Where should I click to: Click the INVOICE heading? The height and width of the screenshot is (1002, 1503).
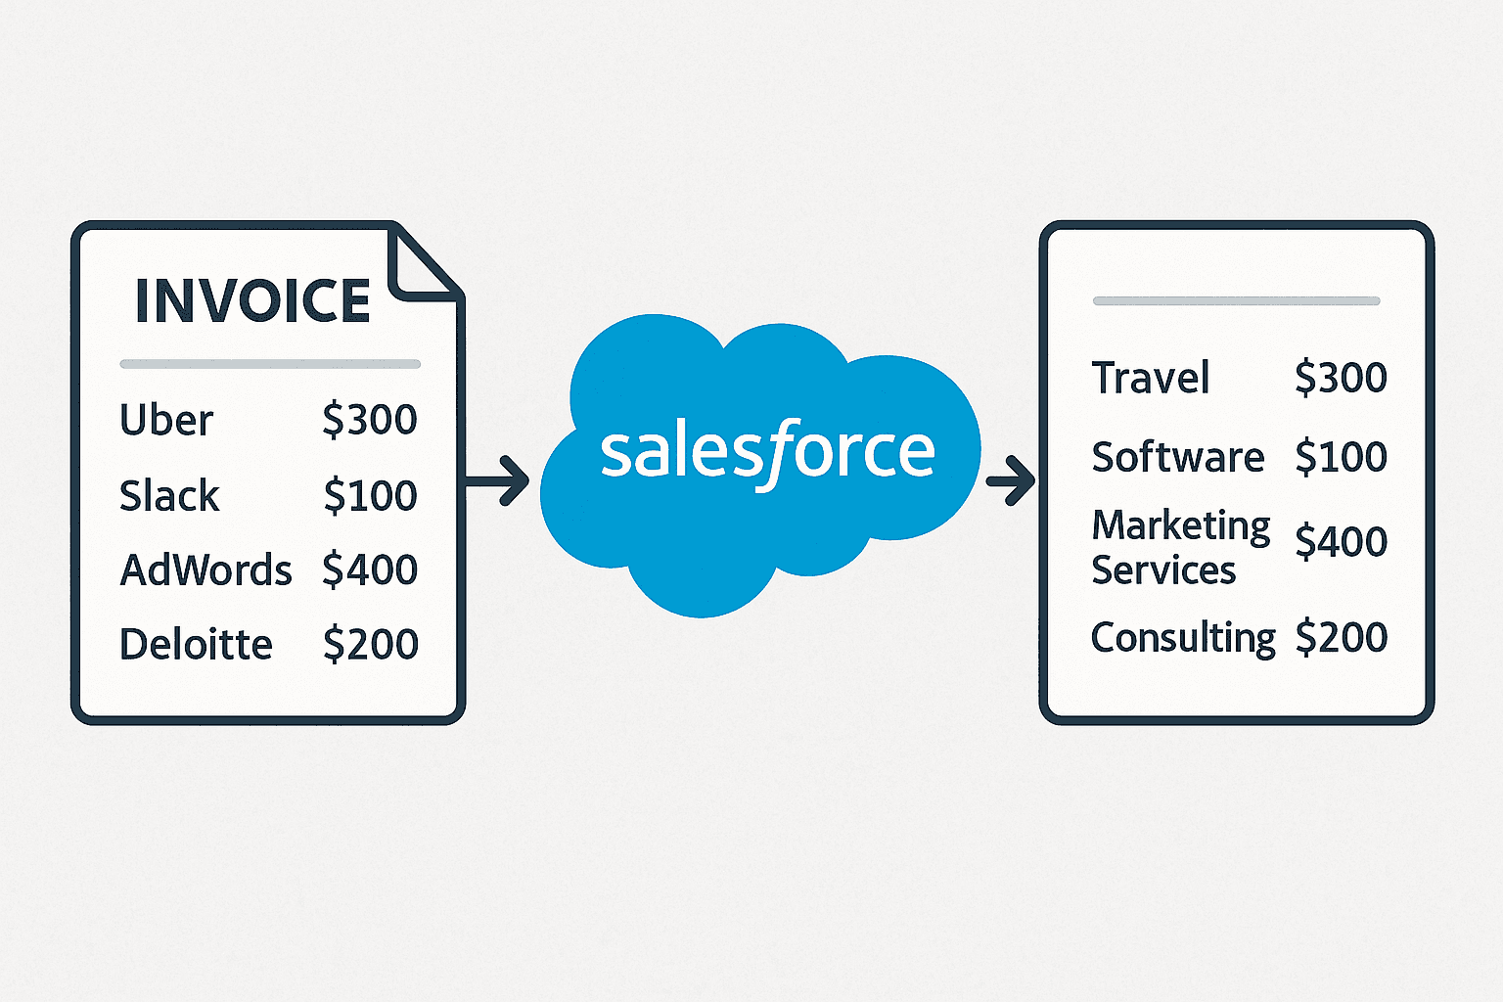[252, 300]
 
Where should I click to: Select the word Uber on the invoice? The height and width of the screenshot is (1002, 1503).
[166, 421]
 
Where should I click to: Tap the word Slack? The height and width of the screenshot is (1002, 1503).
[169, 496]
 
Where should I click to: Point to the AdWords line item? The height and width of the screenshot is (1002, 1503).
[205, 570]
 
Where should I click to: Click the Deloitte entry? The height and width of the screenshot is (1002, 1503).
[196, 645]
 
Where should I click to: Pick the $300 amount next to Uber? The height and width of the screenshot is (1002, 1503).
[370, 420]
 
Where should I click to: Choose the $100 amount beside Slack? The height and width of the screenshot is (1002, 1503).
[370, 496]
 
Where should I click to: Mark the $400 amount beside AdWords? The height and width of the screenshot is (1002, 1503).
[370, 569]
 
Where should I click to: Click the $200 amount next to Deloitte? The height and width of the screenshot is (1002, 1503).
[370, 645]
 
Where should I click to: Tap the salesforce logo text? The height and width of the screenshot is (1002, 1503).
[767, 452]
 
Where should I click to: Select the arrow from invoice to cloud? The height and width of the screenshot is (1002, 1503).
[499, 480]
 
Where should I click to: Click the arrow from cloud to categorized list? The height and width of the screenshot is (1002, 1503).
[1011, 480]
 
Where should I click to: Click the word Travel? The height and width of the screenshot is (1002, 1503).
[1151, 378]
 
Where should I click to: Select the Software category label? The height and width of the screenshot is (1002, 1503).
[1178, 457]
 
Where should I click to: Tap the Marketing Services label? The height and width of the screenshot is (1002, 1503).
[1180, 548]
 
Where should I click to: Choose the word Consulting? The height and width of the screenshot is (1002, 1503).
[1183, 638]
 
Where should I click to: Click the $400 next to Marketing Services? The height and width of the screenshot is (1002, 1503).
[1341, 541]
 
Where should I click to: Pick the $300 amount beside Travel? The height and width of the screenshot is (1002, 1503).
[1341, 378]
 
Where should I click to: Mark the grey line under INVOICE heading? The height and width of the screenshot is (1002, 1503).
[270, 364]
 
